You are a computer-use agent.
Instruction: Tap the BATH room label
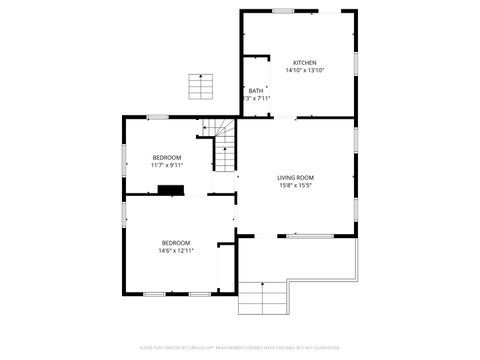(256, 91)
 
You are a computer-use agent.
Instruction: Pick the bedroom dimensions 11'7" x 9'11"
(167, 165)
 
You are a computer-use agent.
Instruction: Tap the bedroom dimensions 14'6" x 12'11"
(176, 250)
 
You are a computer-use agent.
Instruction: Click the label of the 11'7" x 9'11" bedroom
(167, 157)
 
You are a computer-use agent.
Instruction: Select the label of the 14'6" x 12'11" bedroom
(176, 242)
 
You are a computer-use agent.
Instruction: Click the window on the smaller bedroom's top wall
(157, 118)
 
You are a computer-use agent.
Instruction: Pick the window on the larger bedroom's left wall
(124, 240)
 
